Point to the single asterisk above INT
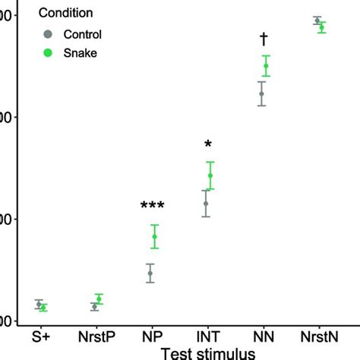click(x=207, y=145)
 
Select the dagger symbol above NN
click(x=264, y=39)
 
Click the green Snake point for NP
click(x=154, y=237)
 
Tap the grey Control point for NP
click(x=150, y=273)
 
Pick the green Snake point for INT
click(x=210, y=175)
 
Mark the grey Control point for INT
click(x=205, y=204)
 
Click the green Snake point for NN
click(x=266, y=66)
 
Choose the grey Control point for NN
click(x=261, y=94)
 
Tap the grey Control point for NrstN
click(x=317, y=21)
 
